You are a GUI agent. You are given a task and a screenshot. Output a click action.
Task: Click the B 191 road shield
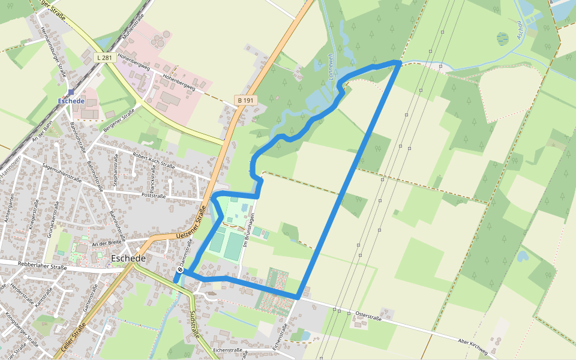pos(245,101)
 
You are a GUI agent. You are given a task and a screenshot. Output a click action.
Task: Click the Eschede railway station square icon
pos(71,92)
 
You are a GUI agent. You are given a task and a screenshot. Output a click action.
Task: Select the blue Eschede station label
pos(71,101)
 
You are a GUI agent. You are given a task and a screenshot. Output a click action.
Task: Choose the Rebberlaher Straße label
pos(41,265)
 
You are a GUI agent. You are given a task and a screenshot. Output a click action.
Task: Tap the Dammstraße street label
pos(184,252)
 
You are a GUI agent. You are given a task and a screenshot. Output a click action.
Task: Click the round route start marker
pos(180,270)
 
